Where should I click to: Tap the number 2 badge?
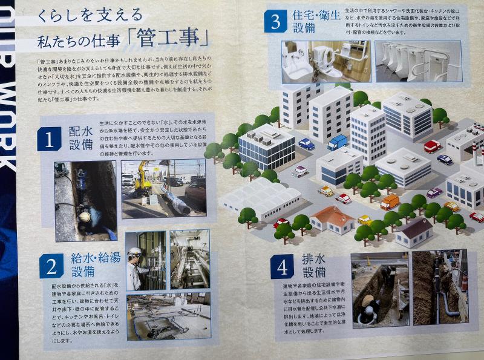(51, 265)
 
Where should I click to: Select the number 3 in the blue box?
(276, 22)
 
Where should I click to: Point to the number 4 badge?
(282, 266)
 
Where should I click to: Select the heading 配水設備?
(80, 139)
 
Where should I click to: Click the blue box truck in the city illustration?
(337, 142)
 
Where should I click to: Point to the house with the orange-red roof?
(332, 219)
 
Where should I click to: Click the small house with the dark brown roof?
(414, 232)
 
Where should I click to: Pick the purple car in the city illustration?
(434, 192)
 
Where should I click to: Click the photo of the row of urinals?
(417, 61)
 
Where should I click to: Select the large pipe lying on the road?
(175, 200)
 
